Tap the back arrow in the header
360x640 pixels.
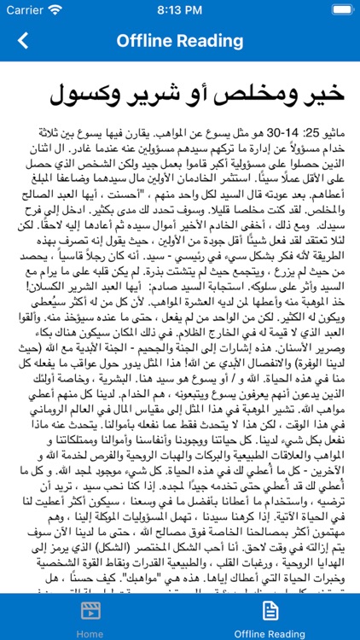point(22,40)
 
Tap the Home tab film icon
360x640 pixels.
point(90,610)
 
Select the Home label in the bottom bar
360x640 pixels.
point(90,633)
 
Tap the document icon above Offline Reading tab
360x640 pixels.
point(270,610)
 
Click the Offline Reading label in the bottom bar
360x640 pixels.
point(270,633)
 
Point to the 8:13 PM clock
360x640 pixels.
point(180,11)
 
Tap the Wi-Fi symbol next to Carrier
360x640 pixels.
point(56,11)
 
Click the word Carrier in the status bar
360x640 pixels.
point(24,11)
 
